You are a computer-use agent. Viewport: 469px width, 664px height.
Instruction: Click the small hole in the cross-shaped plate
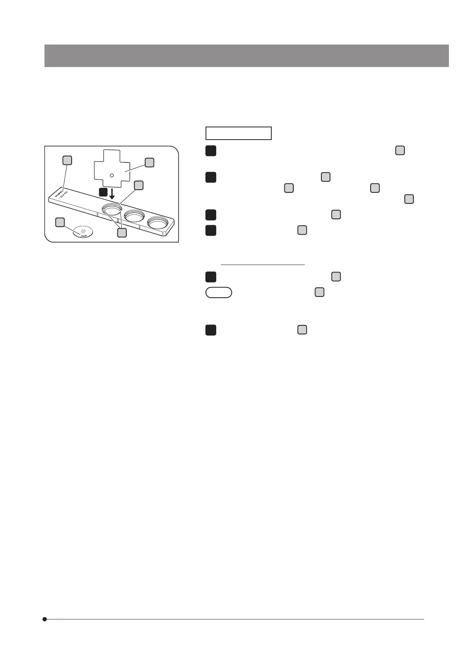pyautogui.click(x=111, y=175)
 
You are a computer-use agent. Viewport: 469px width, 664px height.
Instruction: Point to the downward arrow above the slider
pyautogui.click(x=112, y=194)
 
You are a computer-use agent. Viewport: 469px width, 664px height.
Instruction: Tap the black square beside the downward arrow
pyautogui.click(x=102, y=192)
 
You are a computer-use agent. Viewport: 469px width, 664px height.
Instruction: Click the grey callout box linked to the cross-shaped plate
pyautogui.click(x=149, y=162)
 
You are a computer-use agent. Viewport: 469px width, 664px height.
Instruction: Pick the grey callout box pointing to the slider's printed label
pyautogui.click(x=67, y=160)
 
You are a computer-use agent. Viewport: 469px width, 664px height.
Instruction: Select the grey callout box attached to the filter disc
pyautogui.click(x=60, y=222)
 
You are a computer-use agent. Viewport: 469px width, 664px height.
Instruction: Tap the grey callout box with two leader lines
pyautogui.click(x=122, y=233)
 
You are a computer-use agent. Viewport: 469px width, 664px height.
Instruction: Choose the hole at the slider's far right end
pyautogui.click(x=158, y=223)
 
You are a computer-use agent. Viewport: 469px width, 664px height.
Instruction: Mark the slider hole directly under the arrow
pyautogui.click(x=112, y=210)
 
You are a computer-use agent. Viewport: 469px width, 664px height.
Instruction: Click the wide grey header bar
pyautogui.click(x=247, y=56)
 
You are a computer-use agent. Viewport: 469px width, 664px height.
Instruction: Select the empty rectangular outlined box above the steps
pyautogui.click(x=238, y=133)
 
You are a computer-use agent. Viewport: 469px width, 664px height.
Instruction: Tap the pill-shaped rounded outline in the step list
pyautogui.click(x=219, y=293)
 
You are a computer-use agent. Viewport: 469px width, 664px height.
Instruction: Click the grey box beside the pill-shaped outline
pyautogui.click(x=319, y=292)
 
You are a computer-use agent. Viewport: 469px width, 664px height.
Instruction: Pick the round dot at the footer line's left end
pyautogui.click(x=45, y=619)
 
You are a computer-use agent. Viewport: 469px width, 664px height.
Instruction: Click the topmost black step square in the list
pyautogui.click(x=211, y=151)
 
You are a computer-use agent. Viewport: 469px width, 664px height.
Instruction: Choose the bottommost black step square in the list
pyautogui.click(x=211, y=330)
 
